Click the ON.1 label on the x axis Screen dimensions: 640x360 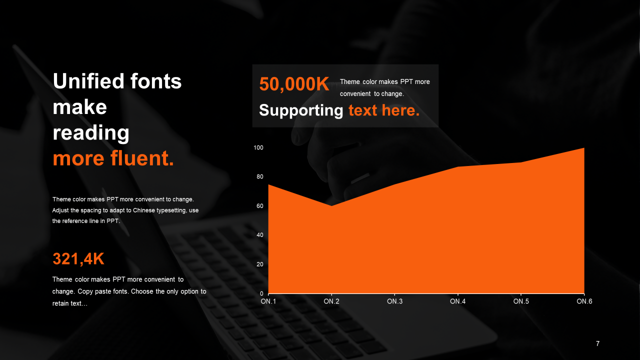tap(268, 301)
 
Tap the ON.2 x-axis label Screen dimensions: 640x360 tap(331, 301)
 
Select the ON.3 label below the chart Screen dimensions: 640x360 tap(394, 301)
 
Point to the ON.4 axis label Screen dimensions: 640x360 tap(457, 301)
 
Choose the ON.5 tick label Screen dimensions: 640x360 tap(521, 301)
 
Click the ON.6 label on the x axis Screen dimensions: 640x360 tap(584, 301)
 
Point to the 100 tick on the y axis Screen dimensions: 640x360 tap(258, 147)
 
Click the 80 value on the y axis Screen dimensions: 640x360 tap(259, 177)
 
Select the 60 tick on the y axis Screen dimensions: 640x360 tap(259, 206)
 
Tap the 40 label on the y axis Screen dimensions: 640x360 tap(259, 235)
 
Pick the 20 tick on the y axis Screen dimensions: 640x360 tap(259, 264)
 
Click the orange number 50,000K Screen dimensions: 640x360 tap(294, 84)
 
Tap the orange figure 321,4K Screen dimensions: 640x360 tap(78, 259)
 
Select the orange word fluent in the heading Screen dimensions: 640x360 tap(142, 158)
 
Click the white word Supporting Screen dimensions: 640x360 tap(301, 110)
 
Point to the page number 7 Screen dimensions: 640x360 tap(597, 343)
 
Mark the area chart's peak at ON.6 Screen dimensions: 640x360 tap(584, 148)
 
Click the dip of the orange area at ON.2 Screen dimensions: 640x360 tap(331, 205)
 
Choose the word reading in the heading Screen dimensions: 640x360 tap(91, 133)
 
